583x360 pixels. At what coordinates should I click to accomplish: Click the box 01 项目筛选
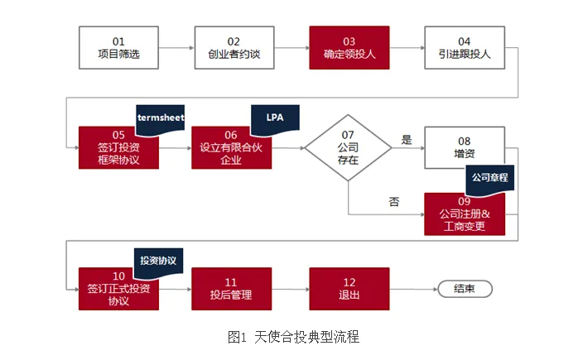(118, 47)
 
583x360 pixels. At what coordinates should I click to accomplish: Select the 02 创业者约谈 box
(234, 47)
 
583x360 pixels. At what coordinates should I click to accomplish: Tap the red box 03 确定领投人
(349, 47)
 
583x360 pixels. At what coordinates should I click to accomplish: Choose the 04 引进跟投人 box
(465, 47)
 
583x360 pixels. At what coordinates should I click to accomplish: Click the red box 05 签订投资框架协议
(118, 148)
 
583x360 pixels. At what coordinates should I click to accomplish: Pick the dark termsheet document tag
(161, 120)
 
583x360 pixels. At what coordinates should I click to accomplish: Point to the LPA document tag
(275, 119)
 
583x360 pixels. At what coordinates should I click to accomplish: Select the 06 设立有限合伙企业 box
(231, 148)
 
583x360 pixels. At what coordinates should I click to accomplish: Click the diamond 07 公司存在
(348, 147)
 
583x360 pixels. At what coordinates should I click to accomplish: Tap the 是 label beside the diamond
(407, 140)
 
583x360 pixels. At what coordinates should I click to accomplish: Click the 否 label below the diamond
(393, 202)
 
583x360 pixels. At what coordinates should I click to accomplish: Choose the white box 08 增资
(465, 147)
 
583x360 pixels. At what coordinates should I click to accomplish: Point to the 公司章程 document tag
(490, 180)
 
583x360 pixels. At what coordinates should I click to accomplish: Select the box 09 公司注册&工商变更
(465, 214)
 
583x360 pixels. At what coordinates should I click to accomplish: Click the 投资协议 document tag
(158, 262)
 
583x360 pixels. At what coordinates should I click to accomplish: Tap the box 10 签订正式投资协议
(118, 289)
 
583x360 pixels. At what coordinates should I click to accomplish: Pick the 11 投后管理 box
(231, 289)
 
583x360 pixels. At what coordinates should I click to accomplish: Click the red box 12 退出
(349, 289)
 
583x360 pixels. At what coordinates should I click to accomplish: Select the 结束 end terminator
(465, 289)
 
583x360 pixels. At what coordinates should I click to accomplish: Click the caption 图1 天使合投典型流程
(293, 337)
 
